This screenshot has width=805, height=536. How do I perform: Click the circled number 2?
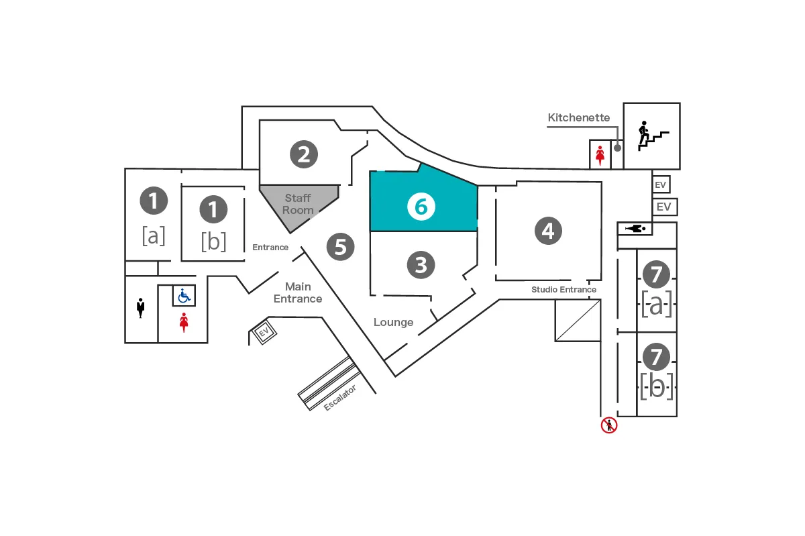303,154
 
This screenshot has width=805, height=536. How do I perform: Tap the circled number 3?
421,265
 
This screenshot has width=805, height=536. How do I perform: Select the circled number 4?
548,231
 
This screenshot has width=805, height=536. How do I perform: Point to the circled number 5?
340,247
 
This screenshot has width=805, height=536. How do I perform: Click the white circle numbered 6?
421,207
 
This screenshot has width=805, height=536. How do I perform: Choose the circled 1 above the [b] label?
213,209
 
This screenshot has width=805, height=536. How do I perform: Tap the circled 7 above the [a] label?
656,274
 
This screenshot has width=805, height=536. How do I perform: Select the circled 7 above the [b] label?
656,356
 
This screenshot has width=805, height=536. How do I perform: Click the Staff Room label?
298,204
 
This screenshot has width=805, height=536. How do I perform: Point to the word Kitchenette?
579,118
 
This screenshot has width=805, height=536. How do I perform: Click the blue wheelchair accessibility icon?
184,295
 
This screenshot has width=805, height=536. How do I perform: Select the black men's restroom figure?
141,309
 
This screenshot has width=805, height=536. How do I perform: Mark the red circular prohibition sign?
608,425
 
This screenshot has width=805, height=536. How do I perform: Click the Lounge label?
393,323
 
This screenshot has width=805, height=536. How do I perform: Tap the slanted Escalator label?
339,397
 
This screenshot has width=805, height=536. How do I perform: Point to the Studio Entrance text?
563,290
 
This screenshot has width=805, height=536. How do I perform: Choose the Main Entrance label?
298,292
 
